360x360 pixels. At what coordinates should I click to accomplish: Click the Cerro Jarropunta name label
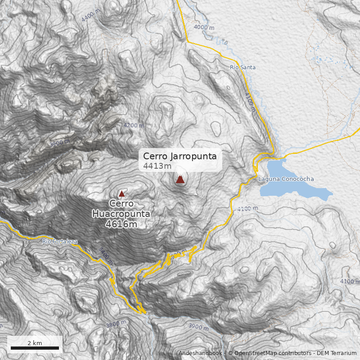(x=180, y=156)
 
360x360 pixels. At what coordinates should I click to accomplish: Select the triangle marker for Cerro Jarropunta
(x=180, y=180)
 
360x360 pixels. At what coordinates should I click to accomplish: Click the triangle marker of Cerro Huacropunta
(x=121, y=194)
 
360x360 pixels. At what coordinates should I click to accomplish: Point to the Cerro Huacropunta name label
(x=121, y=209)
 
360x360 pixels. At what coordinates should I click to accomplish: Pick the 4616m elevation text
(x=121, y=224)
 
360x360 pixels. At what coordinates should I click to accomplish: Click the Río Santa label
(x=243, y=67)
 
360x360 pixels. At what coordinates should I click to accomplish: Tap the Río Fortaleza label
(x=60, y=242)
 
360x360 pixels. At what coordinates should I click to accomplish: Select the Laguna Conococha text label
(x=286, y=179)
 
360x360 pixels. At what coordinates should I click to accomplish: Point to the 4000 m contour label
(x=204, y=27)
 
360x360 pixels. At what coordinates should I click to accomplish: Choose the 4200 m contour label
(x=134, y=126)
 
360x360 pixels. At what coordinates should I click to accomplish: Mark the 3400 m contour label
(x=105, y=255)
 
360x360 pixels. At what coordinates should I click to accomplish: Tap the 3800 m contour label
(x=116, y=324)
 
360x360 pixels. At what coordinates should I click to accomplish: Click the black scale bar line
(x=35, y=348)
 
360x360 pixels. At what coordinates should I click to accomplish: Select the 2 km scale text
(x=35, y=343)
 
